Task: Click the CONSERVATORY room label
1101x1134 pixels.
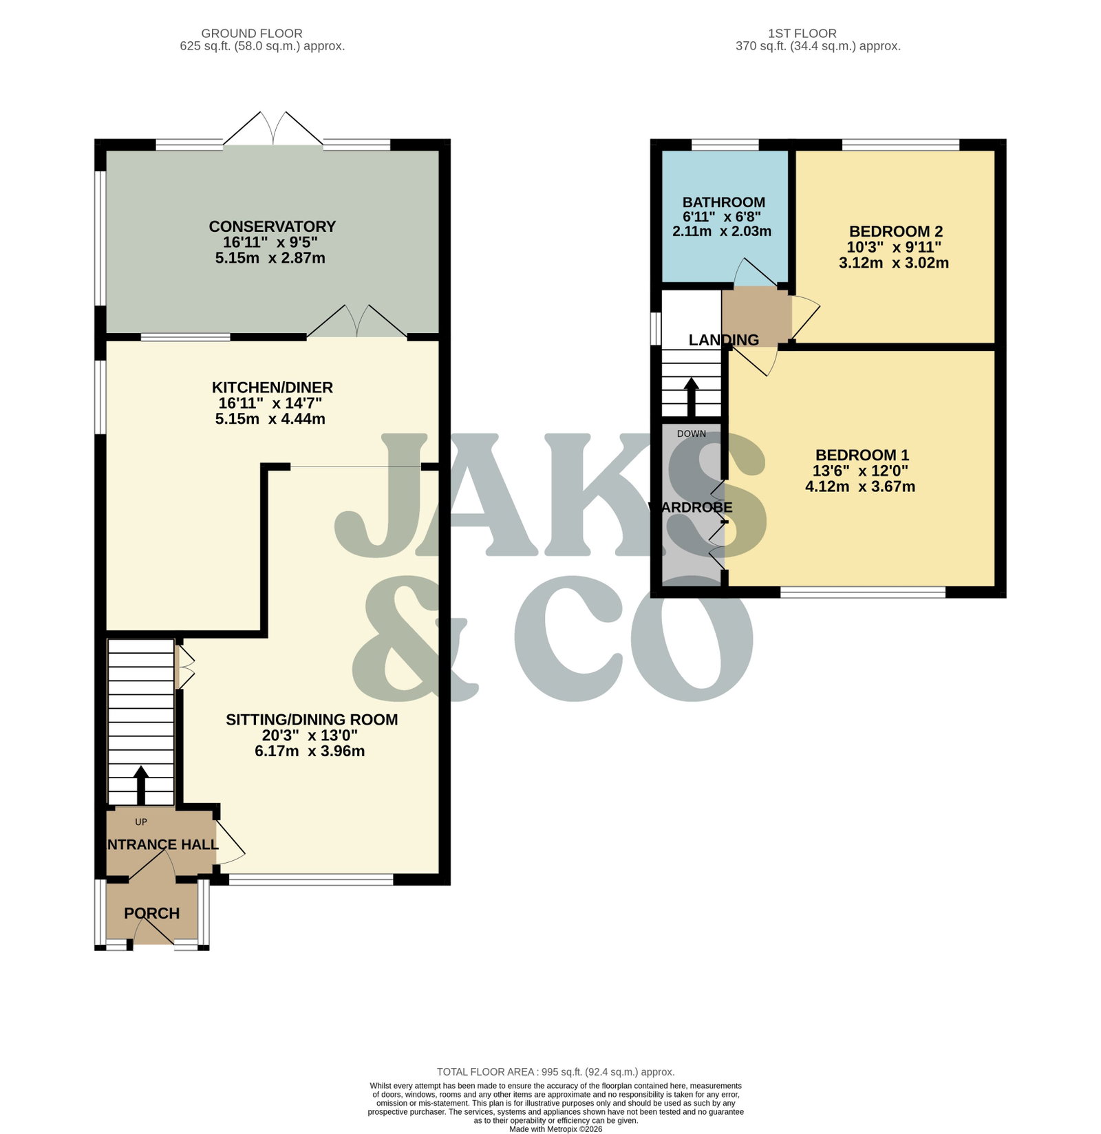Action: tap(272, 226)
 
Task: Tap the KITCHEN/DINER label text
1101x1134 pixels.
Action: tap(272, 387)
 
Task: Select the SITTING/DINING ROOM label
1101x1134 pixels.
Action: tap(312, 720)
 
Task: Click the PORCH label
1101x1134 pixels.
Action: tap(152, 913)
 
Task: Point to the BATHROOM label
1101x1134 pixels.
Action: tap(724, 202)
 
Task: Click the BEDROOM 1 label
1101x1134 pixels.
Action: tap(862, 455)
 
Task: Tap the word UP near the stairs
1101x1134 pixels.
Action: tap(141, 822)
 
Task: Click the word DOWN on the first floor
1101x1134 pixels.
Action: tap(692, 434)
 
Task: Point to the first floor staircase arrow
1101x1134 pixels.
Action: tap(691, 397)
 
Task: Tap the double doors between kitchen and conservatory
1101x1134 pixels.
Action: tap(358, 321)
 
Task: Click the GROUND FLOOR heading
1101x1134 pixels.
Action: tap(252, 33)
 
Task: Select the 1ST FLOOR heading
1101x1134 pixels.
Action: tap(802, 33)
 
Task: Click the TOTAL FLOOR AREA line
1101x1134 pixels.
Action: tap(556, 1071)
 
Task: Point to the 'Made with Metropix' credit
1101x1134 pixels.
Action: tap(556, 1129)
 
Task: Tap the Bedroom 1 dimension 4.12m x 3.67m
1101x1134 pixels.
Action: tap(860, 487)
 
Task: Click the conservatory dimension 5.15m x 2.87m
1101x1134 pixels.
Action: tap(270, 259)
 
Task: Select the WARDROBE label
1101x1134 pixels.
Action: tap(691, 508)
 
